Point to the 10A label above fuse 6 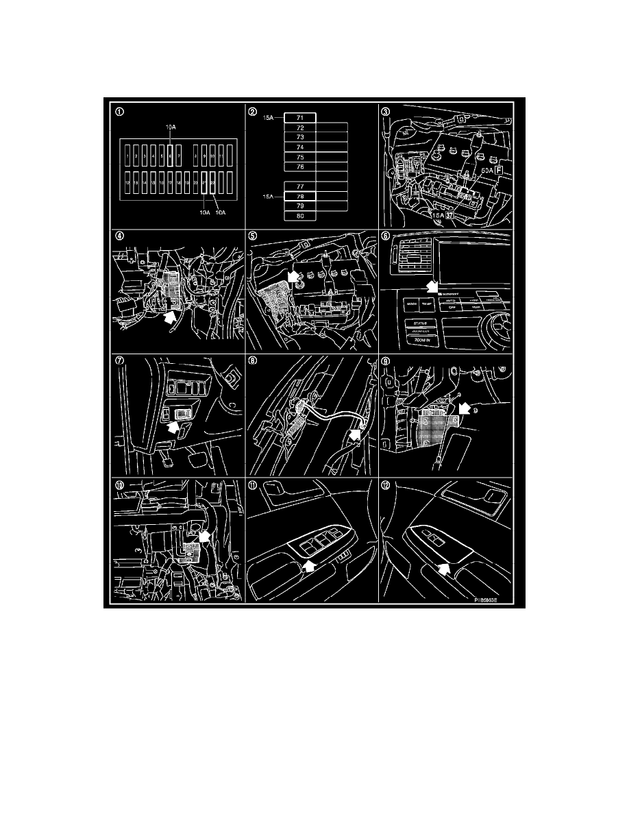pyautogui.click(x=170, y=127)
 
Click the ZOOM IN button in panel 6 pyautogui.click(x=420, y=338)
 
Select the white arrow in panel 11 pyautogui.click(x=308, y=565)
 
